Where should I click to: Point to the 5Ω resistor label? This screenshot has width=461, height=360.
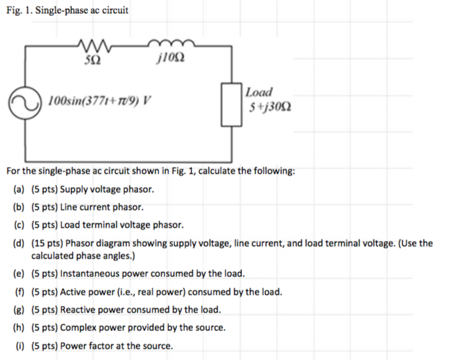click(x=93, y=61)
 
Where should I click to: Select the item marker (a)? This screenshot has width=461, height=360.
click(x=20, y=190)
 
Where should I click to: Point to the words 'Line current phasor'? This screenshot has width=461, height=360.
click(x=97, y=207)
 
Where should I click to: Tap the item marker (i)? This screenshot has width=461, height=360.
click(x=20, y=346)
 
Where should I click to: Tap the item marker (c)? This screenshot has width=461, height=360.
click(x=20, y=224)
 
